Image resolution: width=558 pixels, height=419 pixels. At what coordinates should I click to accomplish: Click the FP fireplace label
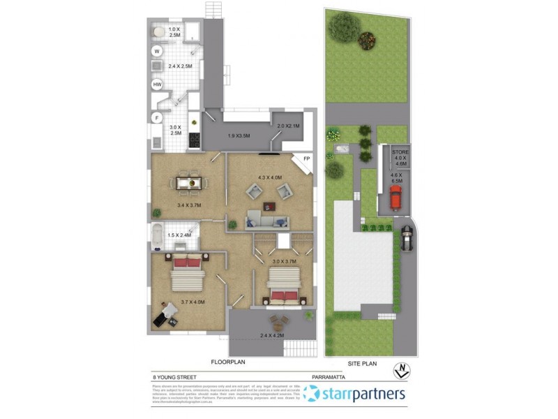pyautogui.click(x=306, y=159)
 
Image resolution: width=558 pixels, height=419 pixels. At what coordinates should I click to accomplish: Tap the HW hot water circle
pyautogui.click(x=158, y=84)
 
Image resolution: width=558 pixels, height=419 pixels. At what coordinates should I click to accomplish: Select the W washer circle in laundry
pyautogui.click(x=157, y=51)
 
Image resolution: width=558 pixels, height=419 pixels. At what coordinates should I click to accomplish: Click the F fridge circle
pyautogui.click(x=158, y=117)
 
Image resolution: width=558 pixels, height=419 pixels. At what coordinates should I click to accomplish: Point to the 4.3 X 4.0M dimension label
pyautogui.click(x=269, y=177)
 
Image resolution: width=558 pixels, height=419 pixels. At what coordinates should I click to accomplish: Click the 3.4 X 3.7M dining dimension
pyautogui.click(x=169, y=205)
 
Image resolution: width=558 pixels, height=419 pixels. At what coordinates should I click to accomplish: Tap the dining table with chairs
pyautogui.click(x=186, y=182)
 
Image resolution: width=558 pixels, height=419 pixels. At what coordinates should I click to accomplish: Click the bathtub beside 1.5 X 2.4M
pyautogui.click(x=158, y=232)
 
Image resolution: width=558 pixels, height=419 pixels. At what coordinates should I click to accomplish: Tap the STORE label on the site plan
pyautogui.click(x=400, y=151)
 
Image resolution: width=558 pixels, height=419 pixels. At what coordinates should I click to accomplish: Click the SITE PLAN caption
pyautogui.click(x=362, y=363)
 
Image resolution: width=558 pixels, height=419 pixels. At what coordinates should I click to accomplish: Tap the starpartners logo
pyautogui.click(x=356, y=394)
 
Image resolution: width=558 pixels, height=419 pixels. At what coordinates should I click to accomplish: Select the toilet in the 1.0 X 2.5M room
pyautogui.click(x=158, y=31)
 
